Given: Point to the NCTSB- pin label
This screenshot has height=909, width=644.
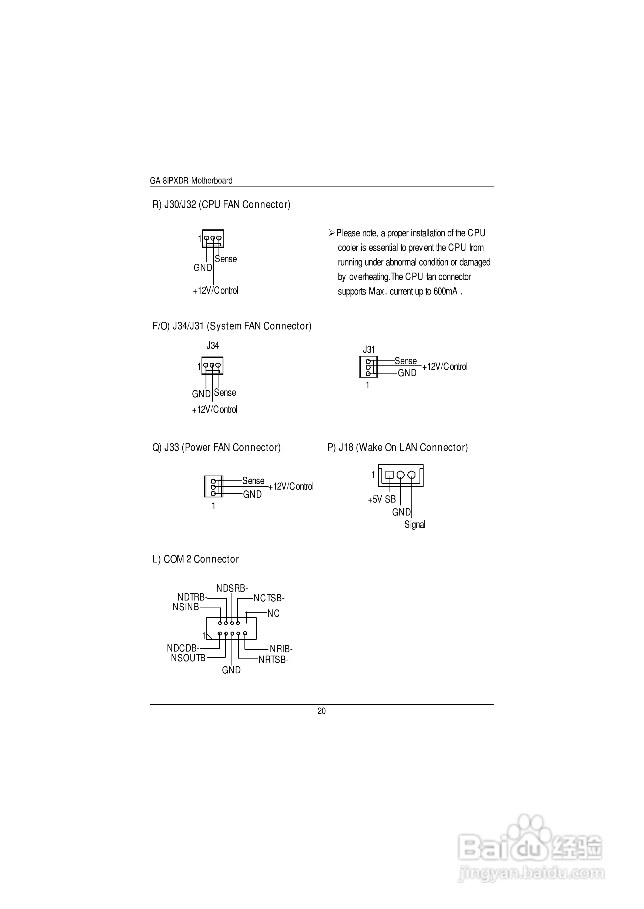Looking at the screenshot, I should (269, 598).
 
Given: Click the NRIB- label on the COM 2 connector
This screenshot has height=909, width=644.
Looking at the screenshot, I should (281, 649).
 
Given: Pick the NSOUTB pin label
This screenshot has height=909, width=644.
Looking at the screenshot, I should (188, 658).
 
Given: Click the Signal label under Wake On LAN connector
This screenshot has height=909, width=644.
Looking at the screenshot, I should (415, 524).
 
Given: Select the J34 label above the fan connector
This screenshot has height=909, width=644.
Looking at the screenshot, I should (213, 345).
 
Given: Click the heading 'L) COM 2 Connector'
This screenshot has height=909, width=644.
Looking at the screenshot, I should (196, 559).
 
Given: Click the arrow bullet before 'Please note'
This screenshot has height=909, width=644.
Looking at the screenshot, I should (332, 233).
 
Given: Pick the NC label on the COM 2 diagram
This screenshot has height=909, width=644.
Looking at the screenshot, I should (273, 613).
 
